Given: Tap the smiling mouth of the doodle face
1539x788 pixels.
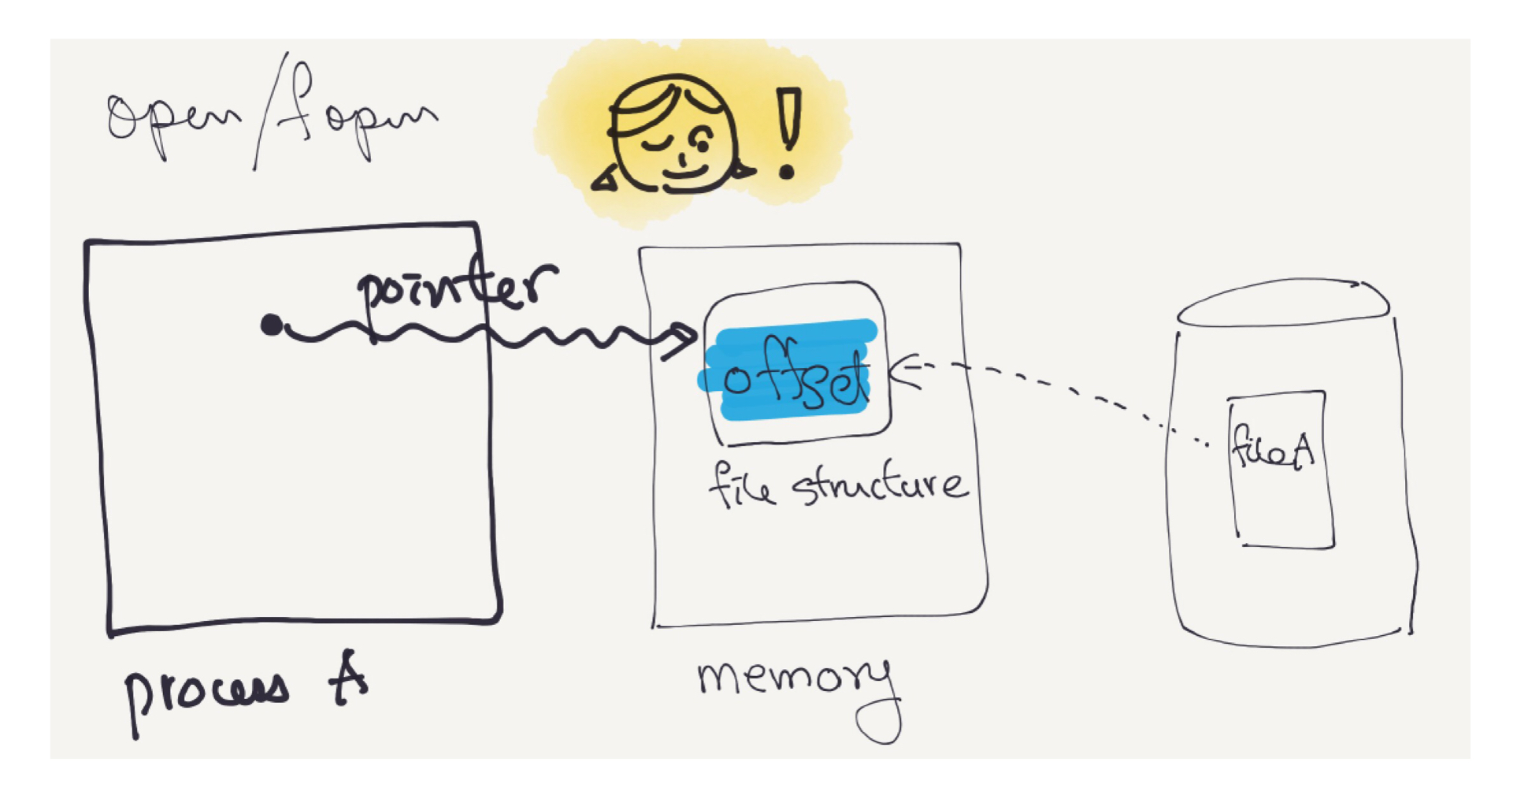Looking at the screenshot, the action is pos(684,169).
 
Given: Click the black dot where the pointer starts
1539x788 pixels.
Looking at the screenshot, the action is pos(272,324).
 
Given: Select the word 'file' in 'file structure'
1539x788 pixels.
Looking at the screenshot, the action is pos(740,485).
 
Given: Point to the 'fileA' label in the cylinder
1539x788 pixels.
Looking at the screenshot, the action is pos(1273,450).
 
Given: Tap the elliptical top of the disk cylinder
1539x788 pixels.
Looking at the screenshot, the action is pos(1284,303).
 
